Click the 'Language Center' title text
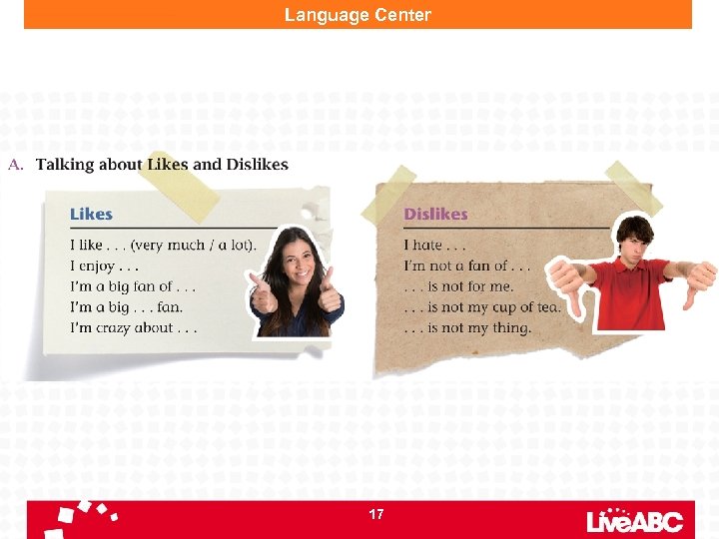tap(358, 15)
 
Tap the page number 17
tap(375, 514)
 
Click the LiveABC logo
tap(635, 520)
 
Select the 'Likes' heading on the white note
tap(91, 214)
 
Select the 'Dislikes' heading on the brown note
tap(435, 214)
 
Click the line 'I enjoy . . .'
tap(104, 267)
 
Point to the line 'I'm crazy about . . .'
tap(133, 327)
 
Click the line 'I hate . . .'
tap(434, 246)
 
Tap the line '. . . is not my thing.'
tap(466, 327)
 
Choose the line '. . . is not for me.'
tap(457, 287)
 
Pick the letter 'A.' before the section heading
tap(15, 165)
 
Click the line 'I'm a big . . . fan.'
tap(126, 307)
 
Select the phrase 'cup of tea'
tap(528, 307)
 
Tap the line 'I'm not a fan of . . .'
tap(466, 267)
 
